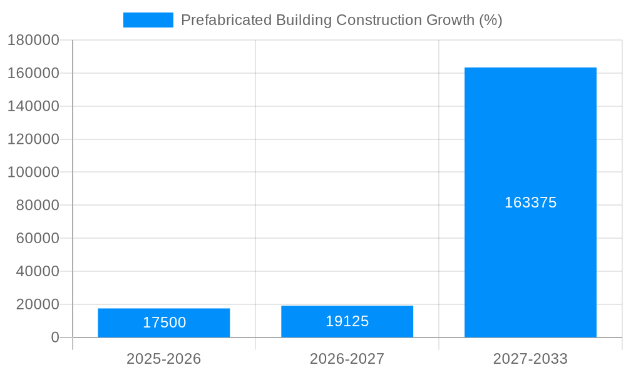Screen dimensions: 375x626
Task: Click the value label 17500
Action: click(164, 322)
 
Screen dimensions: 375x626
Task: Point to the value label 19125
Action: click(347, 321)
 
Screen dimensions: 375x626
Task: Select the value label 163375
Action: click(530, 202)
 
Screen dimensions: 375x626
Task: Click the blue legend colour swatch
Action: click(148, 20)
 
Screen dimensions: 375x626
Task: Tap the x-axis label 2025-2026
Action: click(164, 359)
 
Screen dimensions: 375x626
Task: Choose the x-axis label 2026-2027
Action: click(347, 359)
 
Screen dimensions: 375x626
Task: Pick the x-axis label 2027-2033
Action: click(530, 359)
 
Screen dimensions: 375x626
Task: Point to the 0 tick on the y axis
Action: click(54, 337)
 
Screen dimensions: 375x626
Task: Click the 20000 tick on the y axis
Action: click(34, 304)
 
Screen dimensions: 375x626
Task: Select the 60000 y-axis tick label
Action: click(34, 238)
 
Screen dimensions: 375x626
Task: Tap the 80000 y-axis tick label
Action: click(34, 205)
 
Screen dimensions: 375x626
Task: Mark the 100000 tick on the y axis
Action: click(34, 172)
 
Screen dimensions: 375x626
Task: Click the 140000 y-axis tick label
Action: click(34, 106)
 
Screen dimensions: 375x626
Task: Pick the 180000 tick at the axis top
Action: click(34, 40)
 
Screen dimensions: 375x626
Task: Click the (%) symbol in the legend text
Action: click(490, 20)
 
